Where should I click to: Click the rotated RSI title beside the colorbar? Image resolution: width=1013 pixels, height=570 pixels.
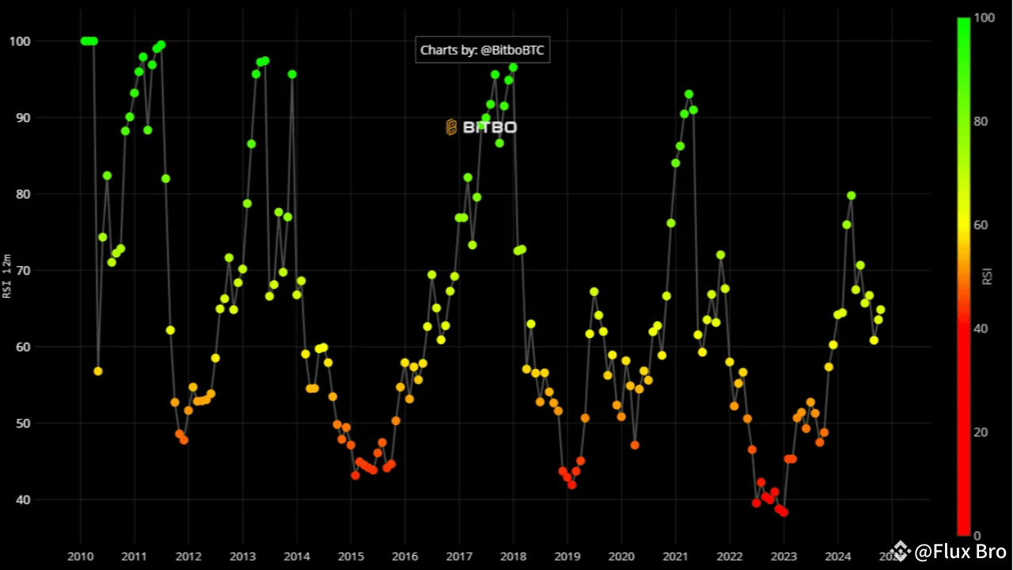[987, 276]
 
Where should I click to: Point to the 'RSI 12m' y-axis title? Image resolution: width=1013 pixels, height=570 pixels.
[7, 276]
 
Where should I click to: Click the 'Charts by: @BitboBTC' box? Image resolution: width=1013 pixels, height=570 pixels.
[483, 50]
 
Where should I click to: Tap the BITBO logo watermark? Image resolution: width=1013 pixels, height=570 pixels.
[481, 127]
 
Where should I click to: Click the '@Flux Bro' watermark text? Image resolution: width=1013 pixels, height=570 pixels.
[959, 551]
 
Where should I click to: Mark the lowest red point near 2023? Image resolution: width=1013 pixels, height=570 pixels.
[783, 512]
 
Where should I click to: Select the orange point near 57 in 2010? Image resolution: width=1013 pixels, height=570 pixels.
[98, 371]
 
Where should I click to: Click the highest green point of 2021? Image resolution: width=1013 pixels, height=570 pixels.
[689, 94]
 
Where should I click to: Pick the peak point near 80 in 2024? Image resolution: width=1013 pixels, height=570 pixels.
[851, 196]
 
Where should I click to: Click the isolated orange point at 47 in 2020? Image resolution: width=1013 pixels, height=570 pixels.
[635, 445]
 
